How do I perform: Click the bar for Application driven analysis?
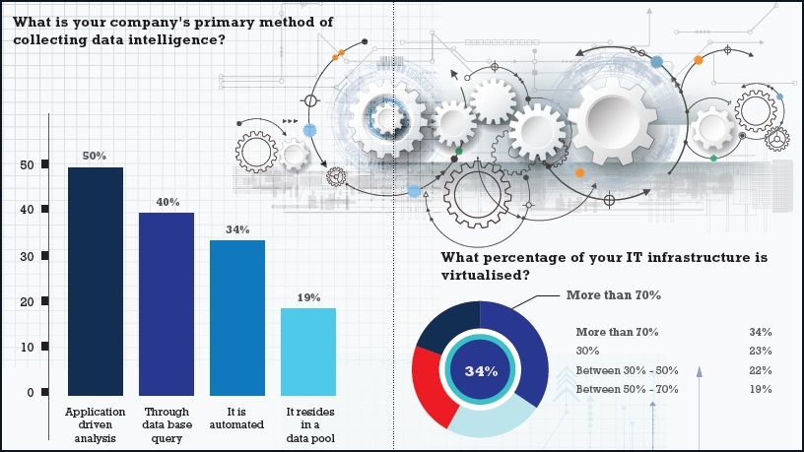click(x=96, y=281)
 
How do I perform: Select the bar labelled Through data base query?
click(x=167, y=303)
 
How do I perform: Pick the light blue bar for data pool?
click(x=308, y=351)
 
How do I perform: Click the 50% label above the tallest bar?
click(x=95, y=156)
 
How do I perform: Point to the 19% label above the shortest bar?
click(x=308, y=296)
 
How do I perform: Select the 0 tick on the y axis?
click(x=31, y=393)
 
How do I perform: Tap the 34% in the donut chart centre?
click(x=480, y=370)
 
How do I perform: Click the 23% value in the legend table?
click(x=760, y=351)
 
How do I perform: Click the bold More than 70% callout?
click(x=612, y=294)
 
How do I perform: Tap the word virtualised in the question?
click(x=480, y=276)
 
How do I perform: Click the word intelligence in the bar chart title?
click(x=153, y=40)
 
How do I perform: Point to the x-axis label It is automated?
click(x=237, y=418)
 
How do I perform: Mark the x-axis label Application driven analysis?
click(x=95, y=423)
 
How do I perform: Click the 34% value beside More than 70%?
click(x=760, y=332)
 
